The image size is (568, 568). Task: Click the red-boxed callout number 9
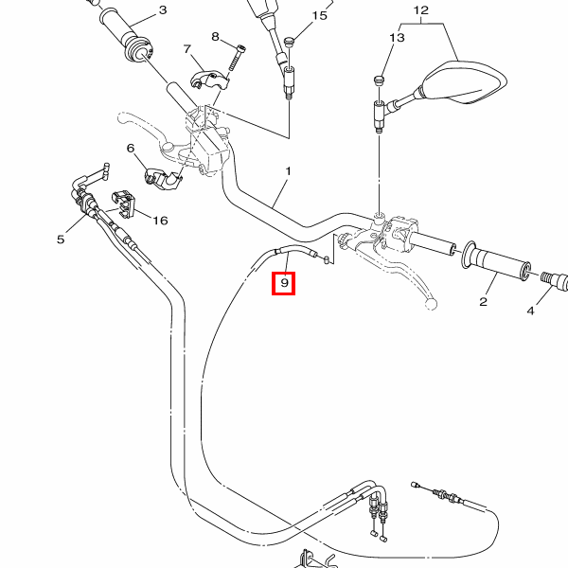(284, 282)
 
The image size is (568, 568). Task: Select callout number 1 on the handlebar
(288, 172)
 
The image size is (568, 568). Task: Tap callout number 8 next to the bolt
(216, 37)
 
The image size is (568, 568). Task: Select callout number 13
(396, 38)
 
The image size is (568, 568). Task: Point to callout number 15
(319, 16)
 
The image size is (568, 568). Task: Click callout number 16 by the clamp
(160, 221)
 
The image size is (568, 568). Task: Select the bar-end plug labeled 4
(556, 280)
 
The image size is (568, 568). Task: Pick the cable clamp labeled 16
(124, 202)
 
